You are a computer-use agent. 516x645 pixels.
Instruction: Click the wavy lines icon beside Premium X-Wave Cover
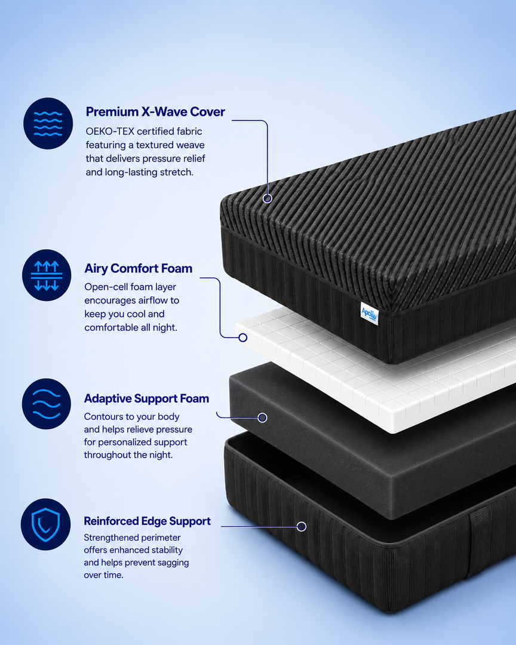coord(48,124)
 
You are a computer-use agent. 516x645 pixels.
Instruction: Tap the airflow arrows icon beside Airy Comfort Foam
coord(47,275)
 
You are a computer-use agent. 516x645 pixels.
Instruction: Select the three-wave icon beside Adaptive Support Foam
coord(47,404)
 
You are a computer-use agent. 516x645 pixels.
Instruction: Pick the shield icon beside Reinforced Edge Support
coord(45,524)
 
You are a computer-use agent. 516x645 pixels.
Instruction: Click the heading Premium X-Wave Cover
coord(155,112)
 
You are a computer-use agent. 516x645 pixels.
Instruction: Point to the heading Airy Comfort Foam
coord(139,268)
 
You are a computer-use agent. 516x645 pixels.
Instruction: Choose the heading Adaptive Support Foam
coord(146,398)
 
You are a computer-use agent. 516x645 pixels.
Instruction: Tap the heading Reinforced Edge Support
coord(148,521)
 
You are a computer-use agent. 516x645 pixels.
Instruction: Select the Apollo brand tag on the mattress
coord(369,314)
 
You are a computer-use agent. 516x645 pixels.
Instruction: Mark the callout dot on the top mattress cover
coord(268,199)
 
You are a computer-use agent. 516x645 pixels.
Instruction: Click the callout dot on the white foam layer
coord(243,337)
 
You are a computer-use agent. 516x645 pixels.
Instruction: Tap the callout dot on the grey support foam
coord(262,418)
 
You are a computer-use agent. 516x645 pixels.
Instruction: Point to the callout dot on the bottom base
coord(302,527)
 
